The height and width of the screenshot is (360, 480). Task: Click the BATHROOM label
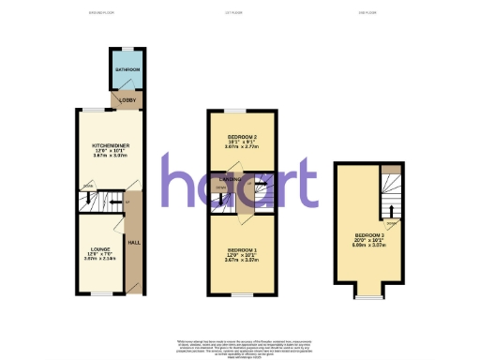click(127, 70)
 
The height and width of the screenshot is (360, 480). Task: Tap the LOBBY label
click(126, 99)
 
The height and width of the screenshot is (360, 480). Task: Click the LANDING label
click(231, 178)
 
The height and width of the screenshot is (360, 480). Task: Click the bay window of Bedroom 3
click(367, 297)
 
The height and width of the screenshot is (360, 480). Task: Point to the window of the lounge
click(97, 294)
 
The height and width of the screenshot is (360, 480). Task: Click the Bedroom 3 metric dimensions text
click(367, 247)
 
